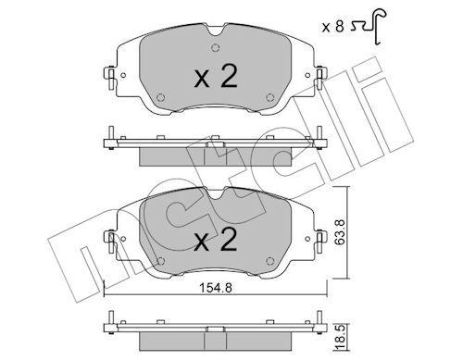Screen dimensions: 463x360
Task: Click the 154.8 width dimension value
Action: click(x=216, y=288)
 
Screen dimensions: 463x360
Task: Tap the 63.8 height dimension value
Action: click(x=340, y=232)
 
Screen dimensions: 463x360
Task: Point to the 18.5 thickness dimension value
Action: click(x=340, y=339)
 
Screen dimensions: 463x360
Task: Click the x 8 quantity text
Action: click(x=333, y=27)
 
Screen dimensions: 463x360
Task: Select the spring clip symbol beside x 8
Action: click(x=369, y=26)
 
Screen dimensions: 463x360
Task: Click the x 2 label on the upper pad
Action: click(x=216, y=77)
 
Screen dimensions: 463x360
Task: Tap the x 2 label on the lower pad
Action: click(x=216, y=240)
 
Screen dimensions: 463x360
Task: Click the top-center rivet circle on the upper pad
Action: click(x=216, y=48)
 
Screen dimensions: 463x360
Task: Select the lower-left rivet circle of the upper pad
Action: click(x=160, y=97)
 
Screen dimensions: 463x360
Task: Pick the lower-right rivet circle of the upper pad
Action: click(x=270, y=97)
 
